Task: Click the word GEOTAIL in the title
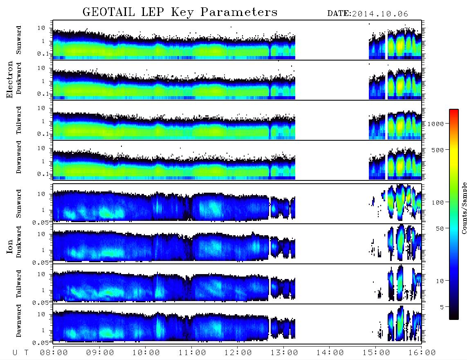(x=109, y=12)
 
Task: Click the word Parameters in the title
(x=239, y=12)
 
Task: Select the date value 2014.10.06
(x=380, y=14)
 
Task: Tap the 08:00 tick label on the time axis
(x=54, y=353)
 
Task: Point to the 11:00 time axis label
(x=192, y=353)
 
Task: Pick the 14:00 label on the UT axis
(x=330, y=353)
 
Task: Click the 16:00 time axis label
(x=422, y=353)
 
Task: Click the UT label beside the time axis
(x=20, y=353)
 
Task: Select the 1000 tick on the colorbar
(x=436, y=124)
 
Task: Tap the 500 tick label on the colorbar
(x=438, y=150)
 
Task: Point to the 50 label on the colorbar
(x=440, y=229)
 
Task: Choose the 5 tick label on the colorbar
(x=442, y=307)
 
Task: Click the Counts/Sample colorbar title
(x=464, y=208)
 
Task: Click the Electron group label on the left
(x=9, y=79)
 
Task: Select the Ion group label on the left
(x=9, y=246)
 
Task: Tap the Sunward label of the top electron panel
(x=18, y=40)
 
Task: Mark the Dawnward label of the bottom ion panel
(x=18, y=321)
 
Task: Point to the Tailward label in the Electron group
(x=18, y=120)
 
